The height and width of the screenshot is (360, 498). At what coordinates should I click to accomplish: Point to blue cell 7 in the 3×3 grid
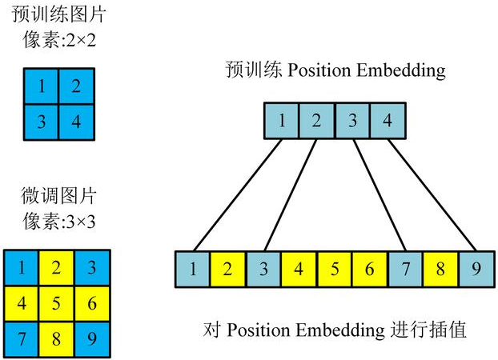(22, 339)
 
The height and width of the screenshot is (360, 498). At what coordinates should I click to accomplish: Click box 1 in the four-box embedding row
(281, 122)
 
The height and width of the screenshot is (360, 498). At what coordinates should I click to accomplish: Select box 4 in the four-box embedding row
(388, 122)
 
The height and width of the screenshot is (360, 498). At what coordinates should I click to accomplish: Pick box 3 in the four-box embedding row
(352, 122)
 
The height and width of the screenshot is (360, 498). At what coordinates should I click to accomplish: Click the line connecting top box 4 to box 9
(432, 196)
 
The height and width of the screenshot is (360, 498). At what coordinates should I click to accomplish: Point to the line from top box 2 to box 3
(283, 196)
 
